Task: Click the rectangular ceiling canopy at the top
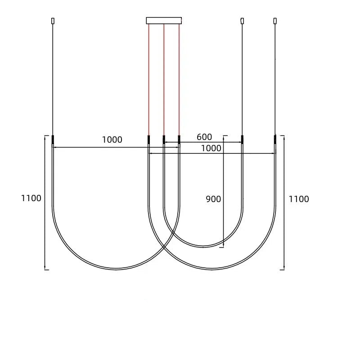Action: point(164,20)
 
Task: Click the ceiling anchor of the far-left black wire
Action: point(53,20)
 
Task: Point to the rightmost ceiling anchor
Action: point(275,20)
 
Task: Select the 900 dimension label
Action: point(213,199)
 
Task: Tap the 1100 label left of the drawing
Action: point(31,198)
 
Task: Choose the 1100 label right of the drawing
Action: point(299,199)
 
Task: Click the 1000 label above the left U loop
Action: point(112,140)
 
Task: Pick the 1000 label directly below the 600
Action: point(211,148)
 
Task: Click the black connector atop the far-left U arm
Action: point(53,139)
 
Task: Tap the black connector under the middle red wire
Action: point(164,139)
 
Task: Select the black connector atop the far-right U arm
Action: point(275,139)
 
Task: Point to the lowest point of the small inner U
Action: point(203,247)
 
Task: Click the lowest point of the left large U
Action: point(117,269)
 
